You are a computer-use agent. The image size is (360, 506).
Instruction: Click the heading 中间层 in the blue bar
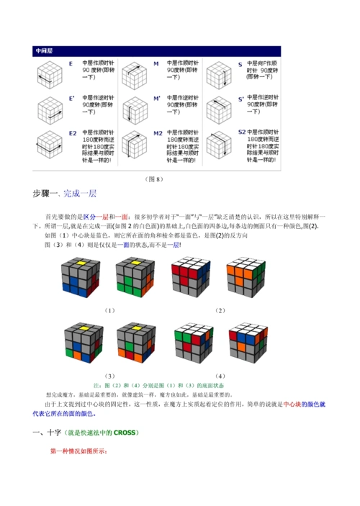pyautogui.click(x=45, y=53)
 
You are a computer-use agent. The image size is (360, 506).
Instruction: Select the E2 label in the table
pyautogui.click(x=72, y=133)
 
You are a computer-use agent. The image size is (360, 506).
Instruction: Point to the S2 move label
pyautogui.click(x=243, y=132)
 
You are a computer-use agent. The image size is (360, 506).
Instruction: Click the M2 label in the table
pyautogui.click(x=158, y=133)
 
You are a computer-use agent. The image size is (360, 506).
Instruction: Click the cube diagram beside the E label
pyautogui.click(x=48, y=74)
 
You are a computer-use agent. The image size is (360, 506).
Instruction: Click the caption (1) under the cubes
pyautogui.click(x=109, y=310)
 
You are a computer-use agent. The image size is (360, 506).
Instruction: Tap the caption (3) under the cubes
pyautogui.click(x=109, y=375)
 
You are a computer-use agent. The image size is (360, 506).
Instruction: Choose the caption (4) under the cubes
pyautogui.click(x=220, y=375)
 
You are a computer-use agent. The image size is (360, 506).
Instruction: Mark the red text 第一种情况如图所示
pyautogui.click(x=78, y=451)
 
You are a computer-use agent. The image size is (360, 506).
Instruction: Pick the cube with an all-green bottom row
pyautogui.click(x=134, y=279)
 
